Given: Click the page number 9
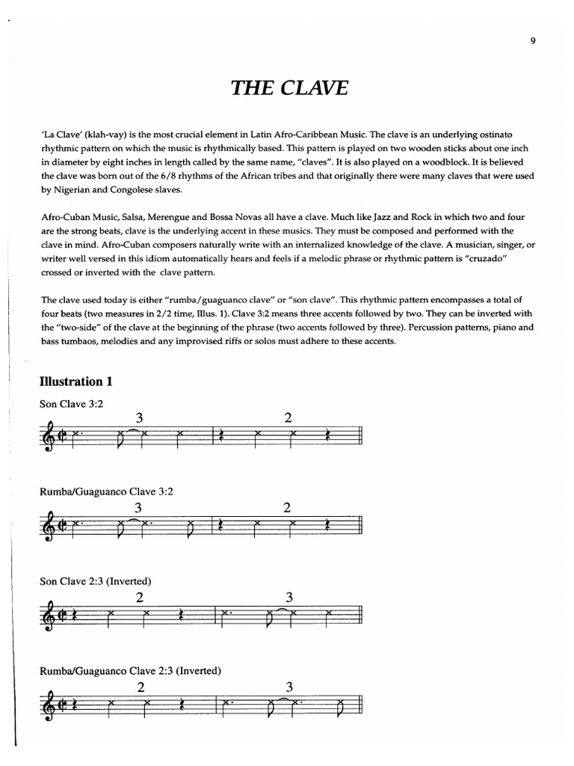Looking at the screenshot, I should (x=533, y=41).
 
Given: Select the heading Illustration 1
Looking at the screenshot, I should (x=76, y=382).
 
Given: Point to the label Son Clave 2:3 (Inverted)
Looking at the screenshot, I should (x=96, y=580).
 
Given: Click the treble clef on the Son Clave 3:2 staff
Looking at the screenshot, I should (x=49, y=434).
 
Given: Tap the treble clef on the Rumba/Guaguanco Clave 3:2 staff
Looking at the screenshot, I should (x=49, y=523).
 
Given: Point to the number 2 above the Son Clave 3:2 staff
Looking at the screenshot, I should (x=287, y=418).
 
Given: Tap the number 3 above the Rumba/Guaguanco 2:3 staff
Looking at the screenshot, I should (x=289, y=686).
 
